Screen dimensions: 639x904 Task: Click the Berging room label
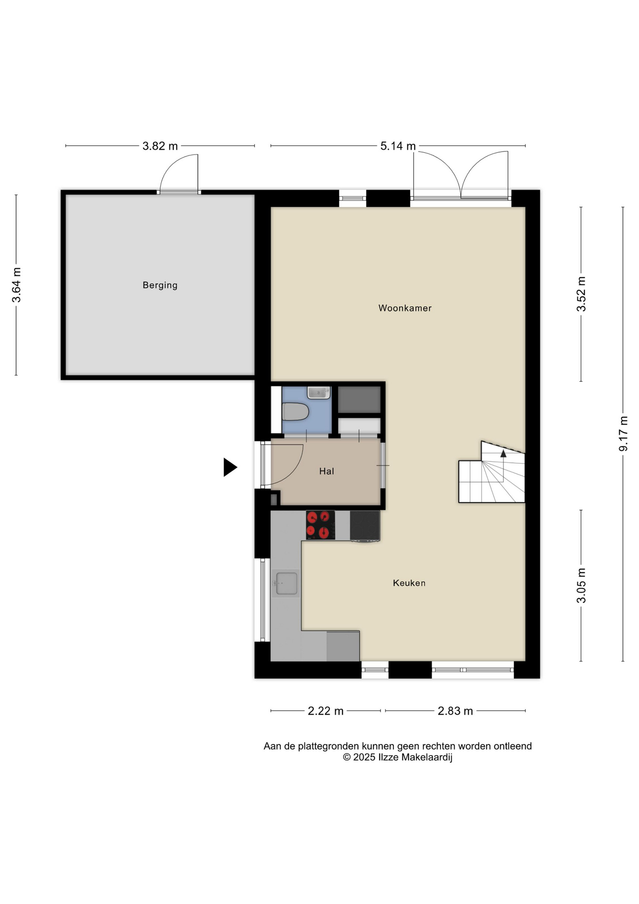click(160, 285)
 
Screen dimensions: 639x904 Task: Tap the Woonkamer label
click(405, 308)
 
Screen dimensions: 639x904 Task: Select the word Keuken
click(409, 583)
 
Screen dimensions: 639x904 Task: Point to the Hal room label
click(327, 471)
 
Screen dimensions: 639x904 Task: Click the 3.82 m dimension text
click(160, 146)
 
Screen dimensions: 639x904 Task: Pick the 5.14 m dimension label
click(398, 146)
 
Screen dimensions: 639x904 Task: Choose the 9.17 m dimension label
click(623, 434)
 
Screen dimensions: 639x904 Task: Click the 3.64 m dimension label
click(16, 285)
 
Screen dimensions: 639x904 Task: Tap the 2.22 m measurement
click(326, 711)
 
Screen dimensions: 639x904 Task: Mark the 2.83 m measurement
click(455, 711)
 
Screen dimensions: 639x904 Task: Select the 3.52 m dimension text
click(582, 294)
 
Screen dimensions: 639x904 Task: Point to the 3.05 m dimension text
click(582, 585)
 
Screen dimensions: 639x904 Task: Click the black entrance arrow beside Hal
click(230, 468)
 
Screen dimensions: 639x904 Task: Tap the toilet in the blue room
click(295, 412)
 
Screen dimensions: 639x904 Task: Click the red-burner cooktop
click(320, 525)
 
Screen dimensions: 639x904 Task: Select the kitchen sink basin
click(286, 583)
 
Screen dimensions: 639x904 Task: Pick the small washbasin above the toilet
click(319, 392)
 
